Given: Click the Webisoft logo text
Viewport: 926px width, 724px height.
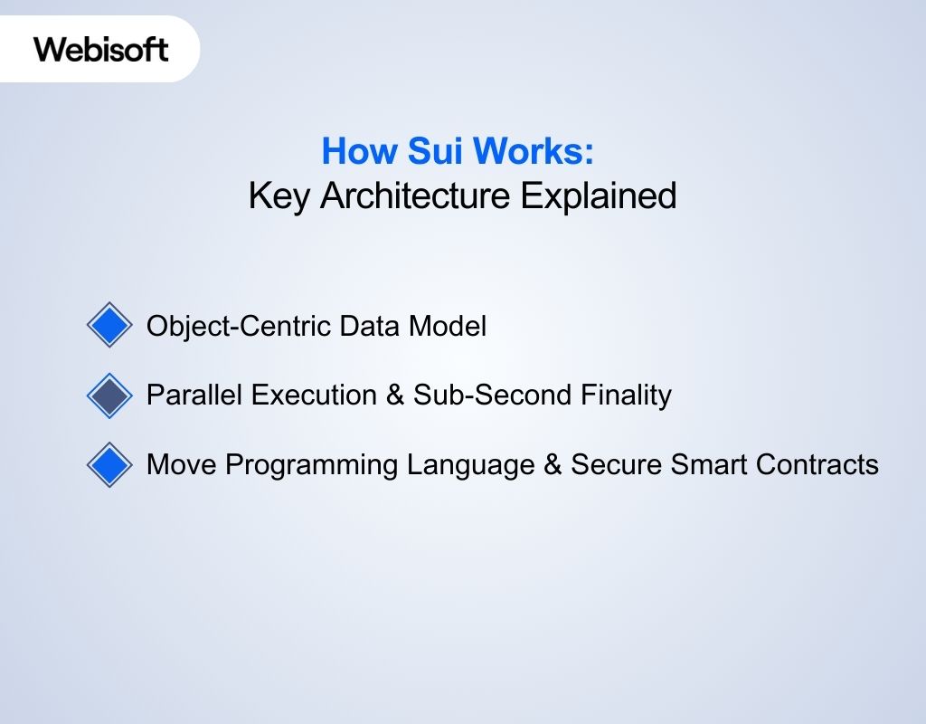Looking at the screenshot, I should coord(101,48).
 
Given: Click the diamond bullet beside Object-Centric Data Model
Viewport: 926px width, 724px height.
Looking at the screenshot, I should coord(109,325).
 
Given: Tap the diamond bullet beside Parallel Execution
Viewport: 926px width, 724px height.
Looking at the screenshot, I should coord(109,395).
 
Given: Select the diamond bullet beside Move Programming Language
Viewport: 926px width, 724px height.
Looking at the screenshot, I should coord(109,465).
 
